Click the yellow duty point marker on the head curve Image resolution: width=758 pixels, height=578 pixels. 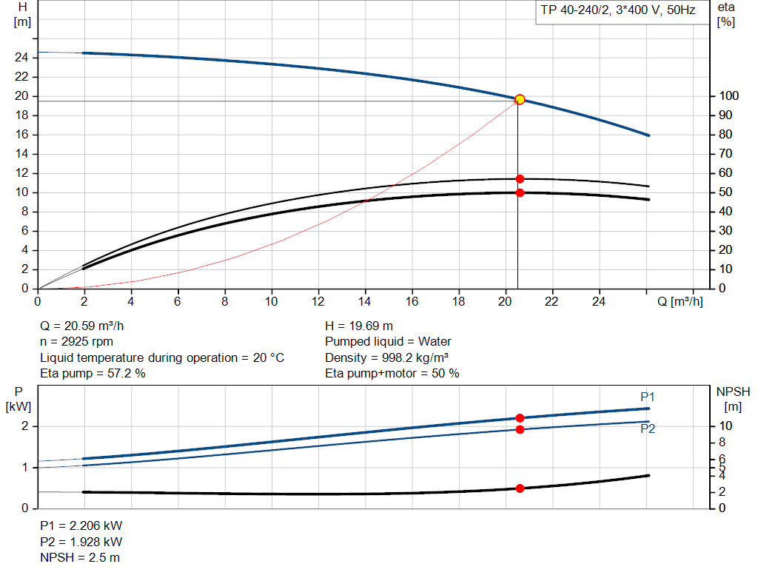pyautogui.click(x=520, y=99)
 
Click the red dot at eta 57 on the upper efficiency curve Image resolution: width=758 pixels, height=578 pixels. pyautogui.click(x=520, y=178)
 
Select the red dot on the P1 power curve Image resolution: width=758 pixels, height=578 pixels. pyautogui.click(x=520, y=418)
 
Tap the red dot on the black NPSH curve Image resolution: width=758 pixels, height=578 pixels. pyautogui.click(x=520, y=488)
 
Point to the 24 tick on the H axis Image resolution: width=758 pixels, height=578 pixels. pyautogui.click(x=22, y=57)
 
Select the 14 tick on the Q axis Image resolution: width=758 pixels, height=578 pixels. pyautogui.click(x=365, y=301)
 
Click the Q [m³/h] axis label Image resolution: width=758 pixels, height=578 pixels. pyautogui.click(x=679, y=301)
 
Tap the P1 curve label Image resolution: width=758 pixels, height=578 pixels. pyautogui.click(x=648, y=397)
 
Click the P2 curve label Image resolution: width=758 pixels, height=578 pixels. pyautogui.click(x=648, y=429)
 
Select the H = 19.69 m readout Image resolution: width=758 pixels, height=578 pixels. pyautogui.click(x=359, y=326)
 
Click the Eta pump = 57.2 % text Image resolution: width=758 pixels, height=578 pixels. pyautogui.click(x=93, y=373)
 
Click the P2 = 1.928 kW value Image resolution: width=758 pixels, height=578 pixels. pyautogui.click(x=81, y=542)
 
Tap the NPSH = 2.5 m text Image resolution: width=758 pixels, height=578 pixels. pyautogui.click(x=80, y=557)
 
